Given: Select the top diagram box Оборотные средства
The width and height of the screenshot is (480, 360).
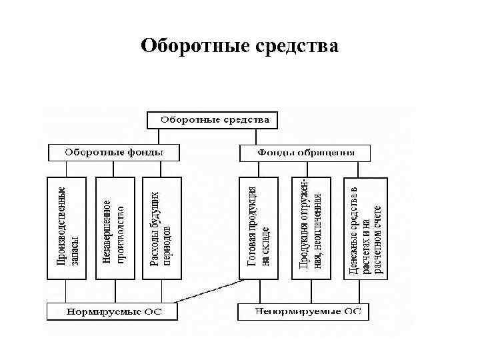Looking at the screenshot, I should pos(212,120).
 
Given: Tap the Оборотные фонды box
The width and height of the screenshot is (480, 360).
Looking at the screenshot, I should pos(114,153).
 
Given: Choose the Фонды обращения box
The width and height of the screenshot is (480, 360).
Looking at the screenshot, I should pos(305,153).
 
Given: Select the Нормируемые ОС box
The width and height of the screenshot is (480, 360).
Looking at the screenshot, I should pos(114,311).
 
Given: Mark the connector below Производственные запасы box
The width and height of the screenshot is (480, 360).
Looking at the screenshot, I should pos(67,291).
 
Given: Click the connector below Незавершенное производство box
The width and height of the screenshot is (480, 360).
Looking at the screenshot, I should pos(115,291).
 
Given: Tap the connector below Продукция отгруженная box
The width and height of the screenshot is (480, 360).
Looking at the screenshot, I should pos(311,291).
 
